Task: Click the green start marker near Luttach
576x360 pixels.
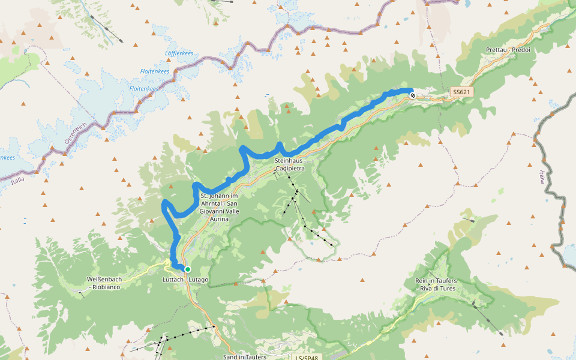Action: (x=188, y=269)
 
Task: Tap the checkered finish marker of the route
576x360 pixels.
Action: (x=413, y=95)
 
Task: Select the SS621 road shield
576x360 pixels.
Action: (x=461, y=92)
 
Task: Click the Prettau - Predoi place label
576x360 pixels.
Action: (x=509, y=49)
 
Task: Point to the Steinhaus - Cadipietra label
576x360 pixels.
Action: (x=290, y=165)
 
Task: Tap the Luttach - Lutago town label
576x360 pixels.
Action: (x=185, y=280)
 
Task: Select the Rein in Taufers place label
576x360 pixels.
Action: (x=436, y=285)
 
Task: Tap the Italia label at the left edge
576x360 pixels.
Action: (x=17, y=179)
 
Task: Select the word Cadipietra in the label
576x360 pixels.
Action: (x=290, y=169)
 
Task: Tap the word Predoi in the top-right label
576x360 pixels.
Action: (x=522, y=49)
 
